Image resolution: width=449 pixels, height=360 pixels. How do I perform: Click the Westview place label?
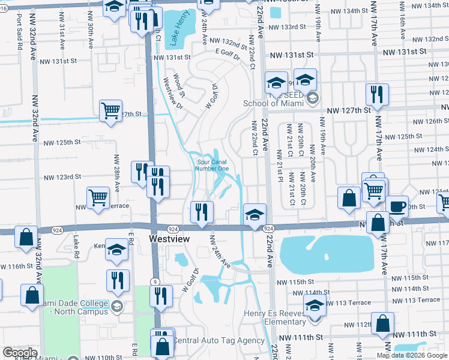click(169, 239)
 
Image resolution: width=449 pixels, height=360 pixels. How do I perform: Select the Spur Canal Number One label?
click(212, 164)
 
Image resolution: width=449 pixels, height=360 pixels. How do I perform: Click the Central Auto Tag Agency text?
click(218, 340)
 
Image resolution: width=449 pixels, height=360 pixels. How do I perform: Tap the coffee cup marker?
click(397, 206)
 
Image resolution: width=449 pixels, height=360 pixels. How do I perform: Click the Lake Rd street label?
click(76, 243)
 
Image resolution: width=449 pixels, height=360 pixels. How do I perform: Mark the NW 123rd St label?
click(61, 177)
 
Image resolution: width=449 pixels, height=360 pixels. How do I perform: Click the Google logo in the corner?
click(20, 353)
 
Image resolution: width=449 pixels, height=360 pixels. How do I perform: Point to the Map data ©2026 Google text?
click(412, 355)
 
